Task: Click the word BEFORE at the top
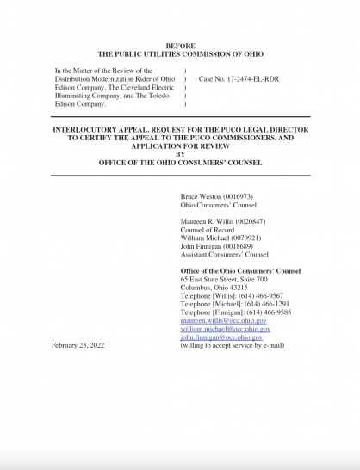click(180, 46)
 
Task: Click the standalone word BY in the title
click(180, 153)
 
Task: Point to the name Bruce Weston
click(202, 197)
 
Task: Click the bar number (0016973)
click(245, 197)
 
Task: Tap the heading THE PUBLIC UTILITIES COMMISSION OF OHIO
click(180, 54)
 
